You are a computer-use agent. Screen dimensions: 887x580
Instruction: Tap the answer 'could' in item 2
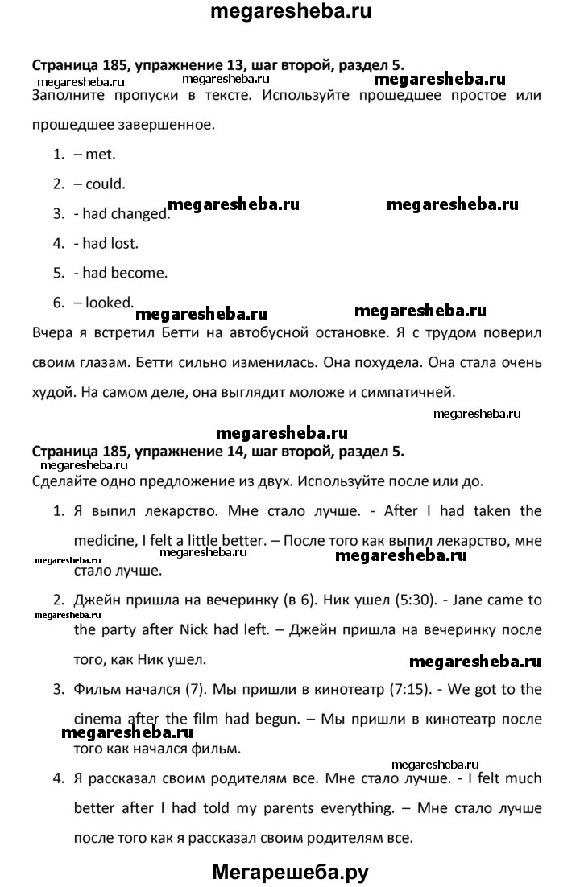pyautogui.click(x=106, y=184)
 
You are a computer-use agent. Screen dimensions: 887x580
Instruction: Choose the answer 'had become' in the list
pyautogui.click(x=126, y=272)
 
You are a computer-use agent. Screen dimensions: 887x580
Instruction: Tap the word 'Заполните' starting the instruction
pyautogui.click(x=70, y=95)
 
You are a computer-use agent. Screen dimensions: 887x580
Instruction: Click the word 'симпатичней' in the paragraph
pyautogui.click(x=412, y=393)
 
